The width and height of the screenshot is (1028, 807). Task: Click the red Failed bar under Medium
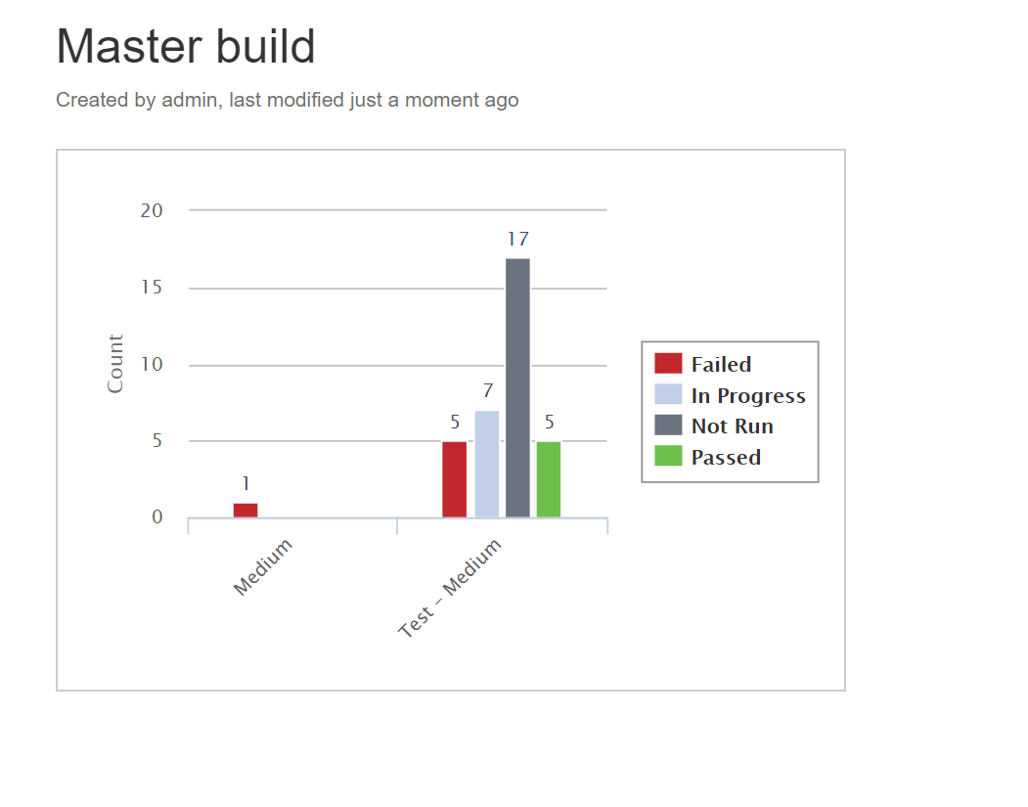pos(246,510)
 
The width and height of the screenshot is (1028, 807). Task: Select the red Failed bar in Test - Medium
pos(455,479)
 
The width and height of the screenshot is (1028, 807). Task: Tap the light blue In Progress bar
pos(486,464)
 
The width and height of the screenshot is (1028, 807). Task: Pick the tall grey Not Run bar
pos(518,388)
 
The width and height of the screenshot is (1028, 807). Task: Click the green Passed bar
pos(549,479)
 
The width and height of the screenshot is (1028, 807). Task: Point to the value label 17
pos(518,240)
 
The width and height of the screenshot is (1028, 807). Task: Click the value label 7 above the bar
pos(488,391)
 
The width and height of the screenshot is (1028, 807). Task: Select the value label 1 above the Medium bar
pos(246,484)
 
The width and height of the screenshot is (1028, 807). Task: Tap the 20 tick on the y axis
pos(152,211)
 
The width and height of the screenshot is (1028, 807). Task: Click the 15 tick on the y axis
pos(152,288)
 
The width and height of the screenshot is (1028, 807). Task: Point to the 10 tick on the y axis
pos(152,365)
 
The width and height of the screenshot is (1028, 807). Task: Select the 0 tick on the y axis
pos(157,517)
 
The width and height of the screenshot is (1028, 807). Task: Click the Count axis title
pos(115,364)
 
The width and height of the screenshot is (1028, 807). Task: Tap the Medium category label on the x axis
pos(263,567)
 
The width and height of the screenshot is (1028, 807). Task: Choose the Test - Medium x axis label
pos(450,588)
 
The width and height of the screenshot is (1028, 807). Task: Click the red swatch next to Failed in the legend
pos(668,363)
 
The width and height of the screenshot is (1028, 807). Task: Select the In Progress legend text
pos(748,396)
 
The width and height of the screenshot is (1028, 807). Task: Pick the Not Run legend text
pos(733,426)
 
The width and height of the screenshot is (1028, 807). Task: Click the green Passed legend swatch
pos(668,456)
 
